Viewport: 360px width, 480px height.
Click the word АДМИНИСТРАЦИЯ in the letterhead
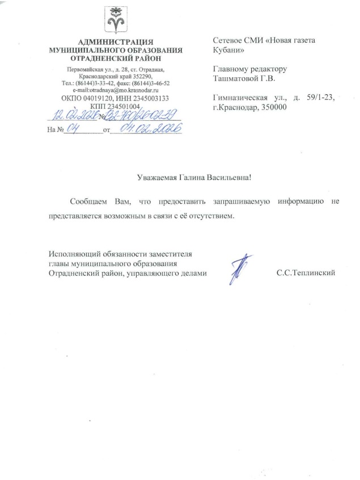[116, 42]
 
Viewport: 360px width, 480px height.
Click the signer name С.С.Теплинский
[306, 273]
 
